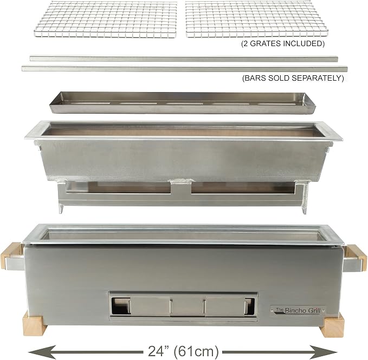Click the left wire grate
click(106, 19)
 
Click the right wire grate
click(256, 19)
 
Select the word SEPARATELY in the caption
click(315, 78)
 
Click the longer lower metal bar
click(184, 69)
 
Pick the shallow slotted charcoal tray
click(182, 103)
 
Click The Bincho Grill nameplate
click(298, 311)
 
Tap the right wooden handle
click(356, 258)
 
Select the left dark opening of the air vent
click(121, 306)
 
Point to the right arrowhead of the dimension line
click(324, 352)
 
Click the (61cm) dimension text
click(196, 351)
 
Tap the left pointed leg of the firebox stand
click(61, 208)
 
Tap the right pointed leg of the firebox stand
click(305, 210)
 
